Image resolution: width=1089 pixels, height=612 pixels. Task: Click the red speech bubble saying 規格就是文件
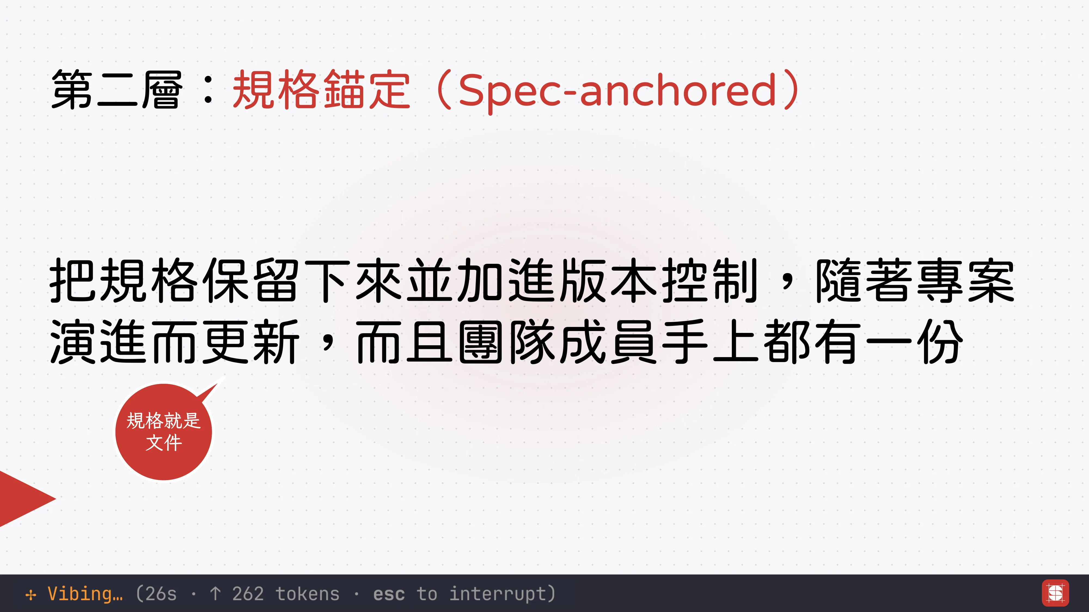coord(164,432)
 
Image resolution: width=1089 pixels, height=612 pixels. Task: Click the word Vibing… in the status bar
coord(85,594)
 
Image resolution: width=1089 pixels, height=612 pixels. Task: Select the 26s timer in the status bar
coord(161,594)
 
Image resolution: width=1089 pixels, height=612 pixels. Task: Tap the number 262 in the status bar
coord(248,594)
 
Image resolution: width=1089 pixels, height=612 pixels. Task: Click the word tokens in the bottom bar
coord(307,594)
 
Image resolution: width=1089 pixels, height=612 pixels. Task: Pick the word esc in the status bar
coord(389,594)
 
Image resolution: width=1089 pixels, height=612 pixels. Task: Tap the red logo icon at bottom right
coord(1056,593)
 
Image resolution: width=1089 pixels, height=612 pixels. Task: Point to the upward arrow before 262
coord(215,594)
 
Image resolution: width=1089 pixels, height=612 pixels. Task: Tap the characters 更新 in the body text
coord(251,342)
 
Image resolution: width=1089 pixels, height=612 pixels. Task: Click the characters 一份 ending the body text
coord(914,342)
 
